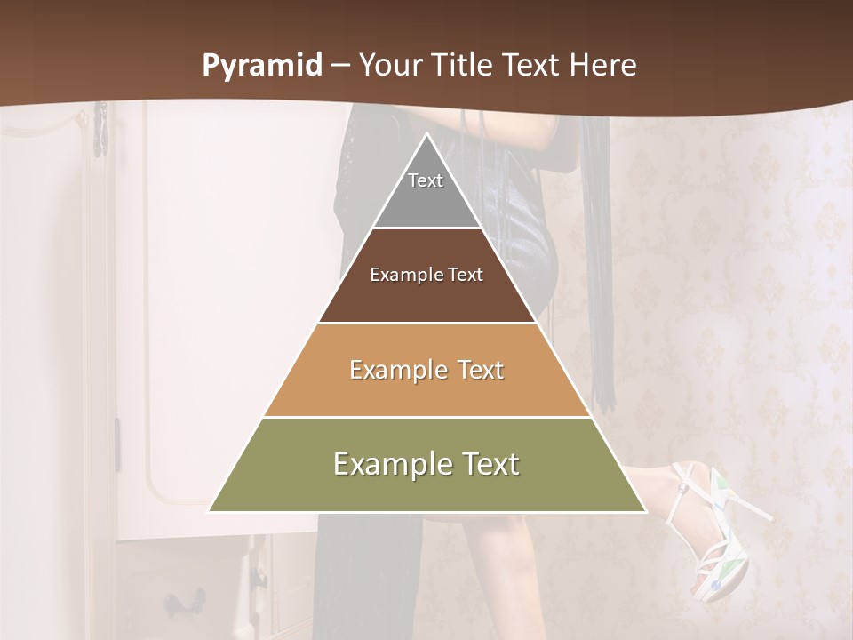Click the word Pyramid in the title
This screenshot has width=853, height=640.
click(x=261, y=66)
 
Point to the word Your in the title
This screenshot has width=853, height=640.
click(x=387, y=66)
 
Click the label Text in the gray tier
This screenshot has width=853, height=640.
click(x=426, y=180)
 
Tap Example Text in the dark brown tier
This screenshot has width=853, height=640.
click(x=426, y=275)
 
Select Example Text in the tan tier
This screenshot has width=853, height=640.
click(x=426, y=370)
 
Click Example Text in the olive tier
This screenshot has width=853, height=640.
click(x=426, y=464)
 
